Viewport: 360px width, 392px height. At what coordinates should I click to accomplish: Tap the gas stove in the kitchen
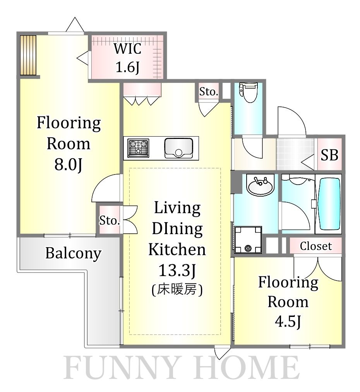[x=139, y=148]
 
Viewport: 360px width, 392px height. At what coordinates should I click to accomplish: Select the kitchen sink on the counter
[x=178, y=148]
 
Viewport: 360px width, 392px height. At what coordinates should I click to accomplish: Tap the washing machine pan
[x=248, y=240]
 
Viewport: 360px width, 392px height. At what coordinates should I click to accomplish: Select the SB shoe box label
[x=330, y=156]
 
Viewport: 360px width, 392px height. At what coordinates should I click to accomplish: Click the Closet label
[x=316, y=246]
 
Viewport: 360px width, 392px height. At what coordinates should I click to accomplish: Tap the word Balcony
[x=73, y=253]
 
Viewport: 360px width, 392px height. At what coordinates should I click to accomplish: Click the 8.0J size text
[x=68, y=165]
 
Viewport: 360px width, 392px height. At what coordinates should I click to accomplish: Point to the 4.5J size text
[x=288, y=321]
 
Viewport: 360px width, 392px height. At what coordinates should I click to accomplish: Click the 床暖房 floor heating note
[x=177, y=290]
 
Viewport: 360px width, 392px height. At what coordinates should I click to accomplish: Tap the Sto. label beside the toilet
[x=209, y=92]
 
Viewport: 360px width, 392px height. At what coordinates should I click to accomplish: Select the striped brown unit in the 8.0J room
[x=28, y=55]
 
